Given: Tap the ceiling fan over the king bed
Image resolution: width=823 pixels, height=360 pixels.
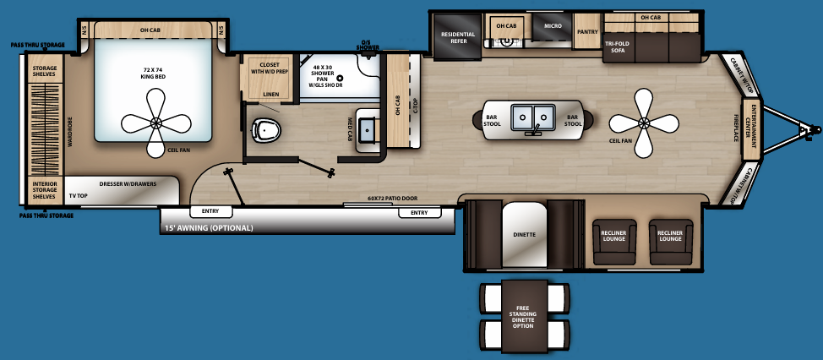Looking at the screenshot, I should [x=156, y=123].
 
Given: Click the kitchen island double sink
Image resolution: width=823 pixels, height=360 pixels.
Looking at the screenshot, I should [x=532, y=117].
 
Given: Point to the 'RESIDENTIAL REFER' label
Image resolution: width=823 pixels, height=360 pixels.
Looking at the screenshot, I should [x=457, y=38].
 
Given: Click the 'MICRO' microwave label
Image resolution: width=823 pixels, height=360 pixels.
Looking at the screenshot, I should [x=553, y=26].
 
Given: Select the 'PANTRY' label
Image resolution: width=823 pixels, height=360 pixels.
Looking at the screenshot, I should [x=587, y=32].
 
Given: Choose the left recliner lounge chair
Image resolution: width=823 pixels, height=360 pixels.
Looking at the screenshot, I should [x=613, y=236].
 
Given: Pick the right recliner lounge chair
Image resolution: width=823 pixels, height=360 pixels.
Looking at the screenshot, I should [x=671, y=236].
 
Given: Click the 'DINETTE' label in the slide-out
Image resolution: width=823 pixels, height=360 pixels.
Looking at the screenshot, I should [x=525, y=234].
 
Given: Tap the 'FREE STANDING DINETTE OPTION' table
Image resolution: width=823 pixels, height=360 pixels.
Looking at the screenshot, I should [x=524, y=315].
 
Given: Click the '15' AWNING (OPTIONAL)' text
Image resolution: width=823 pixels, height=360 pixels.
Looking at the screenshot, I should [x=210, y=228].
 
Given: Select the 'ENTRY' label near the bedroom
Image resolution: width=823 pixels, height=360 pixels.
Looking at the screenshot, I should [x=211, y=212].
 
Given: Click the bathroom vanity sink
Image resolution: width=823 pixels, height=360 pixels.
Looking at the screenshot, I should [x=368, y=129].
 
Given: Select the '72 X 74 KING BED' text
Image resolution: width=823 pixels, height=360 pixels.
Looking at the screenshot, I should [x=152, y=73].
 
